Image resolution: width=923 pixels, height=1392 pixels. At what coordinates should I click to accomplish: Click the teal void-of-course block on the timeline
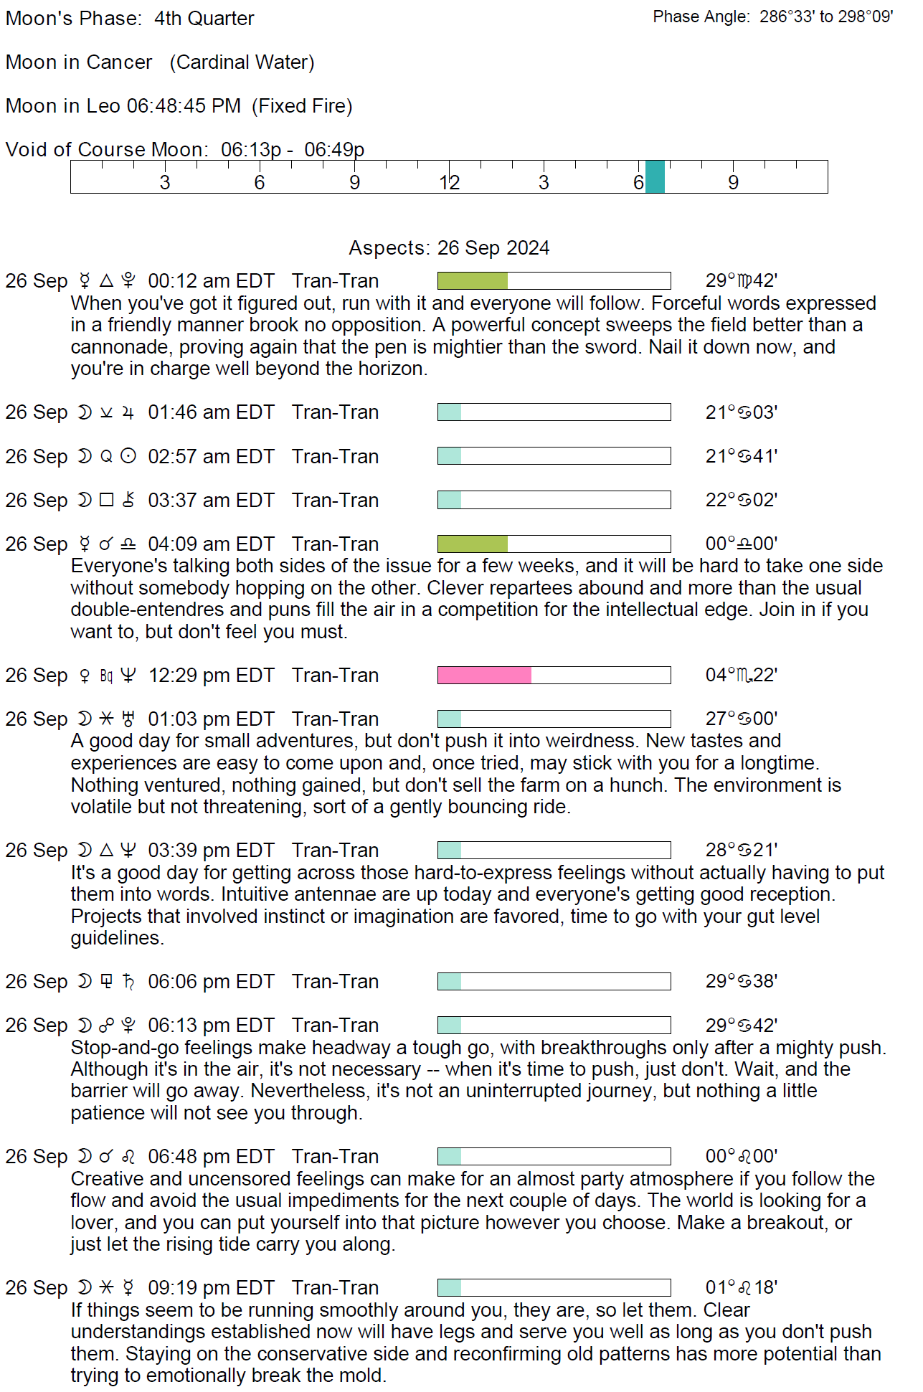[x=655, y=177]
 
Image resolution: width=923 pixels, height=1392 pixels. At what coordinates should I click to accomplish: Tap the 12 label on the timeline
[x=450, y=183]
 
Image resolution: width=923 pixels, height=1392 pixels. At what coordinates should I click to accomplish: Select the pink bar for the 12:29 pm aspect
[x=484, y=676]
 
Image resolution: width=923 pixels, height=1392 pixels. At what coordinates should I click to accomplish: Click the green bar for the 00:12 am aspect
[x=472, y=281]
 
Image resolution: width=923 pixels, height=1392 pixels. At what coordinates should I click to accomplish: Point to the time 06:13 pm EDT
[x=211, y=1026]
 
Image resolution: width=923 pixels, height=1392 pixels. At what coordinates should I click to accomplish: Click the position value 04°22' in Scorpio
[x=741, y=676]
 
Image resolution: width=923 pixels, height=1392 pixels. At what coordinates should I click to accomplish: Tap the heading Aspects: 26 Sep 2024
[x=449, y=248]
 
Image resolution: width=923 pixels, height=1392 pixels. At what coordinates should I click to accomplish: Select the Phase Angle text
[x=772, y=17]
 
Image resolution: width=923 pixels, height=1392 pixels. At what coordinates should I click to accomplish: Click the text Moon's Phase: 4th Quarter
[x=130, y=19]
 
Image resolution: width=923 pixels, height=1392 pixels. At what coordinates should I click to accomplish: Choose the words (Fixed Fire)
[x=302, y=106]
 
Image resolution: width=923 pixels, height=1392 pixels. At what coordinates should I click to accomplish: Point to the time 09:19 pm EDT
[x=211, y=1288]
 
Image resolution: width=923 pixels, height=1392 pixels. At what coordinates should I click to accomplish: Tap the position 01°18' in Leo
[x=741, y=1288]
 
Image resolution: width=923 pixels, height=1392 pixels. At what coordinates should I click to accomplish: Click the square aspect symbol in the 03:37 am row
[x=106, y=501]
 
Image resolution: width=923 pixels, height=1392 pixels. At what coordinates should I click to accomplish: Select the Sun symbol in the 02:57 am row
[x=128, y=457]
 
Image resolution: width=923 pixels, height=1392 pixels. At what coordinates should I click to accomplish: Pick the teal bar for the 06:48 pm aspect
[x=449, y=1157]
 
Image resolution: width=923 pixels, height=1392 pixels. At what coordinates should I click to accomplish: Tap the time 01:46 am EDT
[x=211, y=412]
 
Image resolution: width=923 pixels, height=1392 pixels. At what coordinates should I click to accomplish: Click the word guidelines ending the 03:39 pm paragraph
[x=116, y=938]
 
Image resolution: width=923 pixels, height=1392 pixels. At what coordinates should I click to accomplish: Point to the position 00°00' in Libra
[x=741, y=544]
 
